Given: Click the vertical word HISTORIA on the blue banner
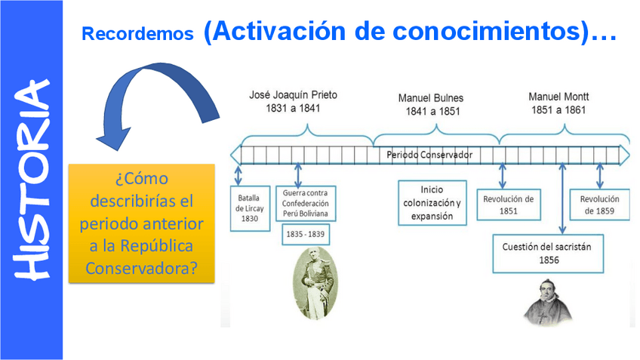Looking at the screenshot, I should click(x=31, y=180).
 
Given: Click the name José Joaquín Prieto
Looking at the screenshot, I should click(x=294, y=95).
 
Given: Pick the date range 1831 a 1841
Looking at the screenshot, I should click(x=294, y=109).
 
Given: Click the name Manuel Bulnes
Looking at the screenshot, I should click(x=431, y=98).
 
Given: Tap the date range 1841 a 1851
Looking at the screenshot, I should click(x=431, y=112).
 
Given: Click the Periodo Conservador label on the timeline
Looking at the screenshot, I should click(x=429, y=155).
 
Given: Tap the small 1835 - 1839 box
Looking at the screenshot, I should click(x=304, y=235).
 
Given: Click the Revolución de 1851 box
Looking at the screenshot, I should click(x=508, y=205).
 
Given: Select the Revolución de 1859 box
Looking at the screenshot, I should click(x=599, y=205).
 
